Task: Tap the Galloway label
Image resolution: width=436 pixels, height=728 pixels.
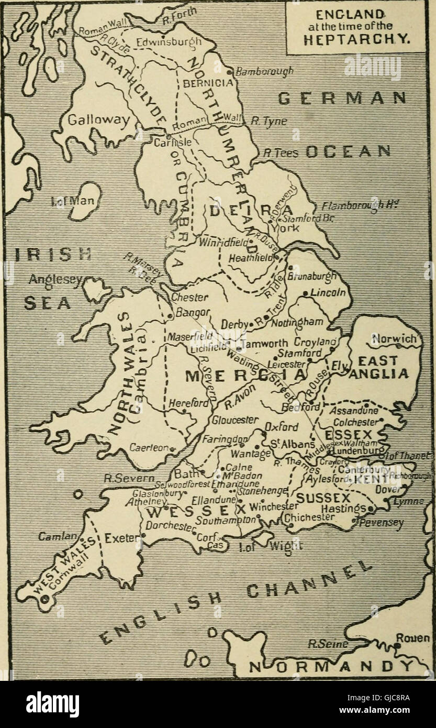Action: (99, 120)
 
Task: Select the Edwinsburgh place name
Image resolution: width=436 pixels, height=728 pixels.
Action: (161, 42)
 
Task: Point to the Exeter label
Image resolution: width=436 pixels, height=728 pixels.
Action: (121, 537)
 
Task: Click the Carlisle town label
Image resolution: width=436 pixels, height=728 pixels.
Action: (167, 142)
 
